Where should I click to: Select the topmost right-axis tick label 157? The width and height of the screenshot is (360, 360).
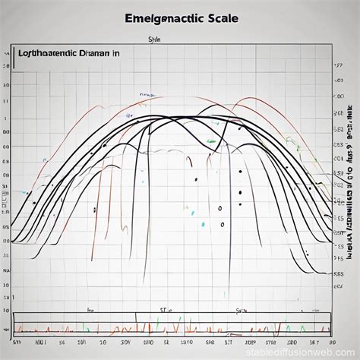pos(337,77)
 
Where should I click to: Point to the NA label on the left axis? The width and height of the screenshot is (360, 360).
pos(7,270)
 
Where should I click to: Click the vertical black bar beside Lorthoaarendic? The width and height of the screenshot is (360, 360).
pos(14,55)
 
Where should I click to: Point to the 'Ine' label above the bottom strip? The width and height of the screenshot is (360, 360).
pos(90,311)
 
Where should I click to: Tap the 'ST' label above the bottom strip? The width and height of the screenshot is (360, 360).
pos(163,311)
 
